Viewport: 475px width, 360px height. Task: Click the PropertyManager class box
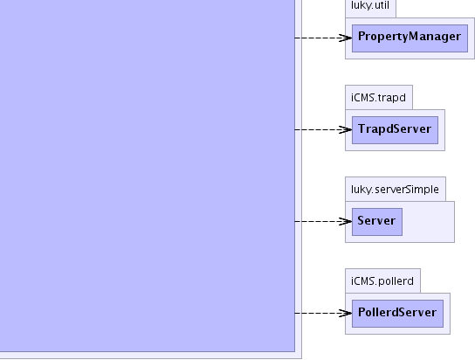point(410,38)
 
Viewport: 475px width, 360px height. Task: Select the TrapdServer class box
point(395,130)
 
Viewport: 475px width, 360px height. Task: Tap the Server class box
point(377,222)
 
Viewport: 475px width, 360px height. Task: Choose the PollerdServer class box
point(398,314)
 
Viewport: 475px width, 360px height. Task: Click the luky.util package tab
point(370,9)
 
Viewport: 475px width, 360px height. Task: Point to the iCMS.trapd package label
point(378,98)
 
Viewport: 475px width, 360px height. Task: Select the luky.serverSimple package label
point(395,190)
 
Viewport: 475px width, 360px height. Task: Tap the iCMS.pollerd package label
point(382,281)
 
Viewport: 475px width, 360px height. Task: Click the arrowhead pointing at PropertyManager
point(346,38)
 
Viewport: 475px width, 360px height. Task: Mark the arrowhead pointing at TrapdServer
point(346,129)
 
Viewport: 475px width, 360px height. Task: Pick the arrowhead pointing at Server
point(346,222)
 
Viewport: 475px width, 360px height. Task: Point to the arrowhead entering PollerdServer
point(346,313)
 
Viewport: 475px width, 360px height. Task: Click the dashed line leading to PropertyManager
point(323,38)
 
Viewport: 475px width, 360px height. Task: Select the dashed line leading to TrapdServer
point(323,129)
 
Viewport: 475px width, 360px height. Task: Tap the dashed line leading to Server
point(323,222)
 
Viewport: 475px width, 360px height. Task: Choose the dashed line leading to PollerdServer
point(323,313)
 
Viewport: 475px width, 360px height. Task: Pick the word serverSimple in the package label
point(407,190)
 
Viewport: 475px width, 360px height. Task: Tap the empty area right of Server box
point(429,222)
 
